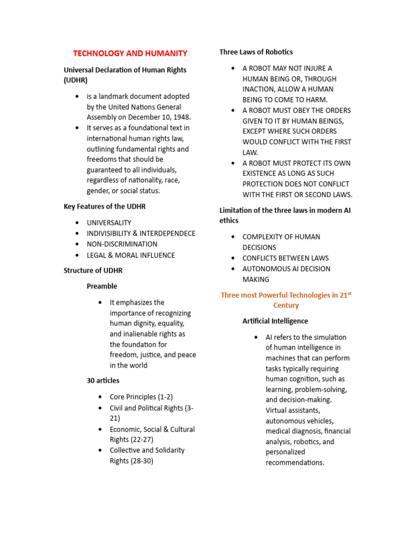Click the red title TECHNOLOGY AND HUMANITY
130,53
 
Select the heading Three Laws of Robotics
256,52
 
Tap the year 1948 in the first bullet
180,117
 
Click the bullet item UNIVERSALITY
109,223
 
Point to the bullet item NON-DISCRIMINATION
122,244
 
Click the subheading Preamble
102,286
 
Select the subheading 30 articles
103,381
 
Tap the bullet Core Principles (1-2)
141,397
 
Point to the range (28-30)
143,461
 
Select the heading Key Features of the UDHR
105,206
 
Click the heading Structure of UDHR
93,270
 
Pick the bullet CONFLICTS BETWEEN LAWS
286,258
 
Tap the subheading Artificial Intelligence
275,321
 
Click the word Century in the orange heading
286,306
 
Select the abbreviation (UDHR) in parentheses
77,80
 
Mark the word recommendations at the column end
294,463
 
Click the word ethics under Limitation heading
229,220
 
